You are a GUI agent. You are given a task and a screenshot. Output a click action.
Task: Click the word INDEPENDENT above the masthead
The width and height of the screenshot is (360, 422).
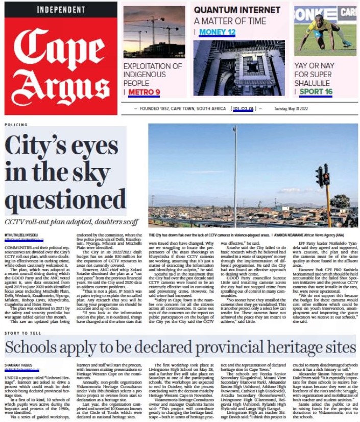(x=61, y=10)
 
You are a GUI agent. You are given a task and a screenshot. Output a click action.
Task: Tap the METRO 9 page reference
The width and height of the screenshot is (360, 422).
(x=144, y=92)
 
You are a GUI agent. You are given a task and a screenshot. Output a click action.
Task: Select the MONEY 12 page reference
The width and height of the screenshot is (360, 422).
(x=217, y=32)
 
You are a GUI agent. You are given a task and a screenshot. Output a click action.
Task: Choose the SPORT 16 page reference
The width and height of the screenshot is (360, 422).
(x=316, y=92)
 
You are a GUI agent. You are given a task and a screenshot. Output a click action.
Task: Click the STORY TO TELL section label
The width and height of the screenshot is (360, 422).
(x=22, y=333)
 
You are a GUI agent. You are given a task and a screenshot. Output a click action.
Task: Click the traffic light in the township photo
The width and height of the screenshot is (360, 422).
(x=323, y=176)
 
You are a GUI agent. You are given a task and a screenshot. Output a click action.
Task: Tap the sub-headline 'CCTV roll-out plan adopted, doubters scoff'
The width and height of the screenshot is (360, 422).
(x=71, y=222)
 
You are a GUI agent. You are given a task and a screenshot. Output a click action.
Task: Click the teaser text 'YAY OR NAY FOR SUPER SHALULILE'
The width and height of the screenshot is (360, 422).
(x=314, y=74)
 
